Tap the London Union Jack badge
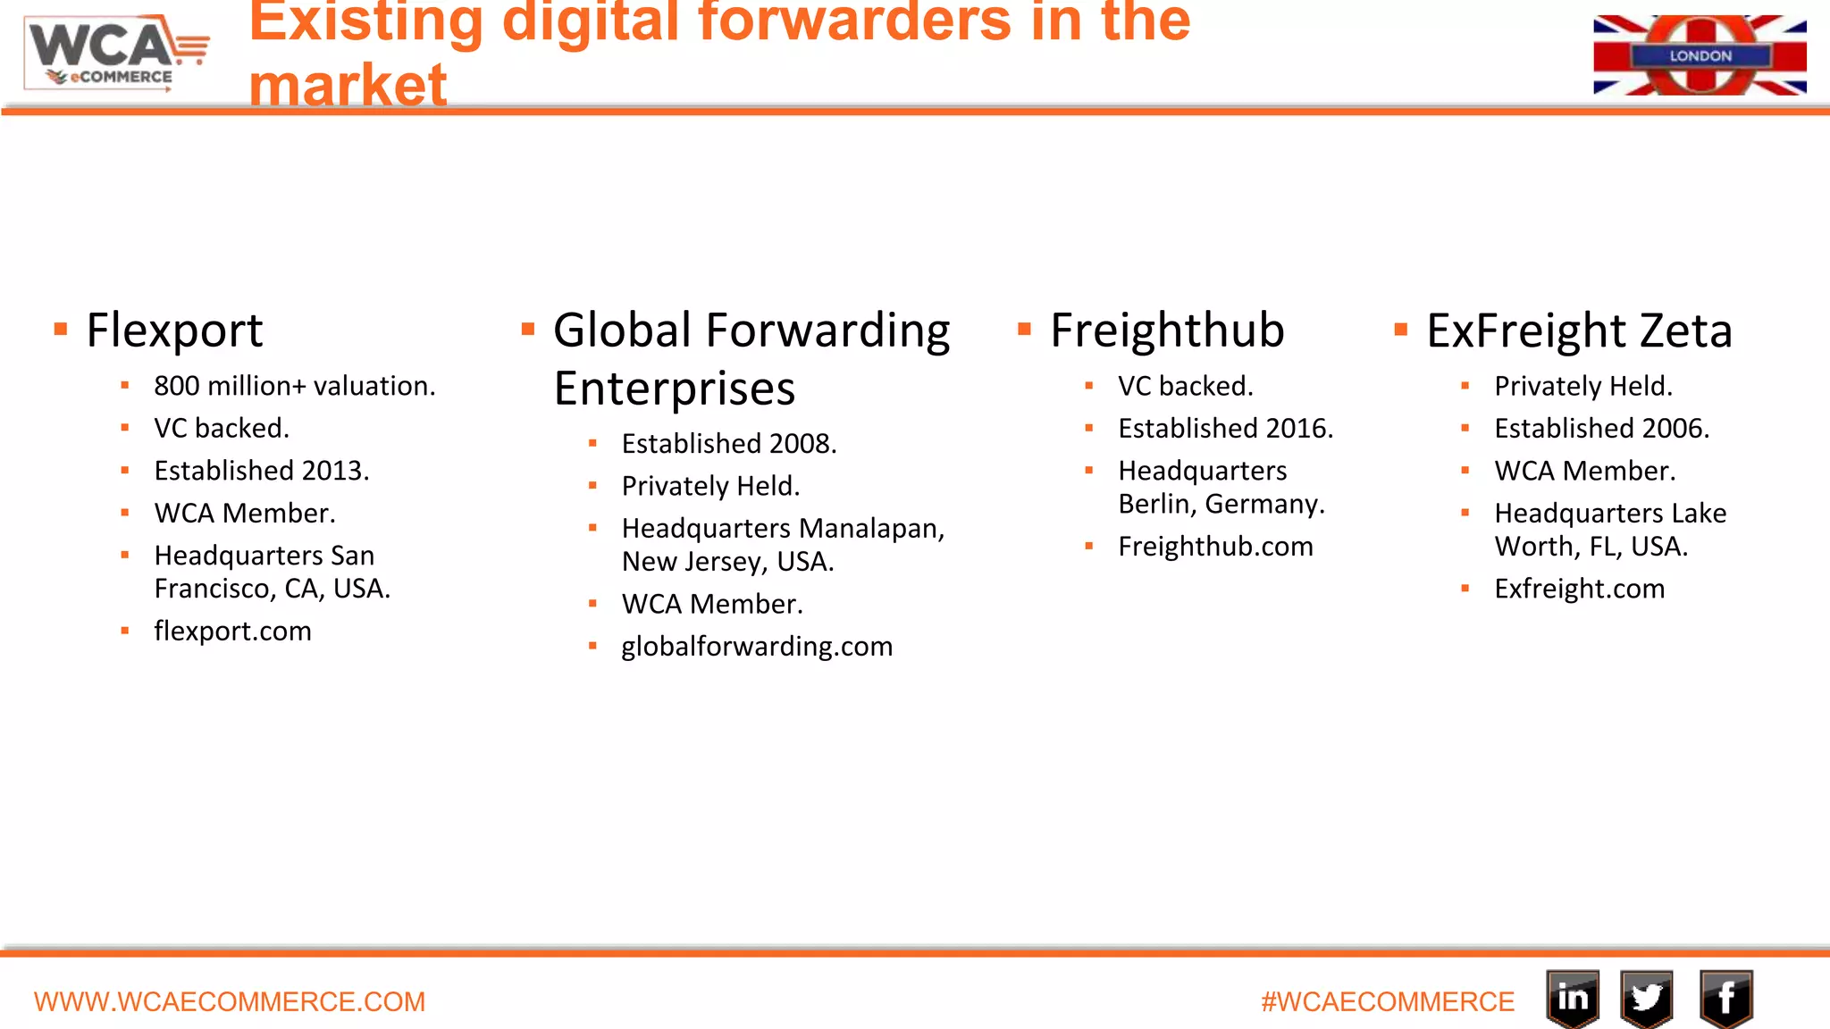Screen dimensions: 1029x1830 (1700, 55)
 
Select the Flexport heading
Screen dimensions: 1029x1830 (174, 330)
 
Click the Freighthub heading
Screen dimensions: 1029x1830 (1167, 330)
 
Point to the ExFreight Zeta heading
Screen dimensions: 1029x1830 (1579, 330)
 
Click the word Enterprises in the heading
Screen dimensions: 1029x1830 (675, 389)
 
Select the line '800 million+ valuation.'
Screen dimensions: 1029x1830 (294, 386)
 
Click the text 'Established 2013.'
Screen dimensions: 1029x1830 (261, 471)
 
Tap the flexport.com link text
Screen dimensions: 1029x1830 (232, 631)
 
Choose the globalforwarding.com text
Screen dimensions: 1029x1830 (757, 646)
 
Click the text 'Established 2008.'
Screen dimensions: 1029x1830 (729, 443)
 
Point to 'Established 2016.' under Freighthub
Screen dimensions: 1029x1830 (1225, 429)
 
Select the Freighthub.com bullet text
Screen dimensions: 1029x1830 (1215, 546)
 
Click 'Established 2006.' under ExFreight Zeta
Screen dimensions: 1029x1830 (1601, 429)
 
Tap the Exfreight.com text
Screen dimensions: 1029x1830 (1579, 589)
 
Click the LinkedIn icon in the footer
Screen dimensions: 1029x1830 (1573, 998)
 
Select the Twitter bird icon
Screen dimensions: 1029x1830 (1646, 998)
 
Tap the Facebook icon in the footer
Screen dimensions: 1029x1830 (1725, 998)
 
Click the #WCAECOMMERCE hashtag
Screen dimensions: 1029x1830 (1387, 1001)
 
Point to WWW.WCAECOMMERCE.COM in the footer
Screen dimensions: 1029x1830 (230, 1001)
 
